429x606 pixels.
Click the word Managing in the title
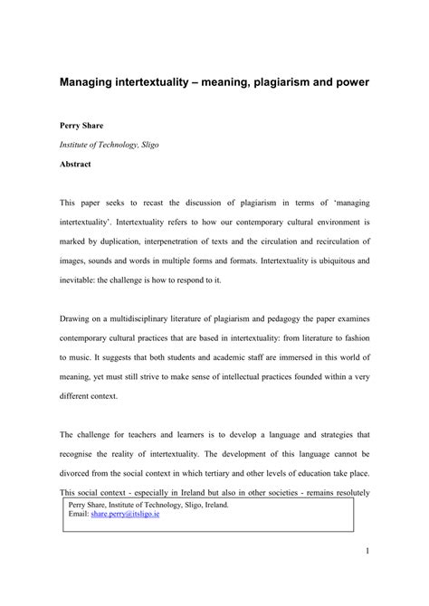[90, 81]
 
